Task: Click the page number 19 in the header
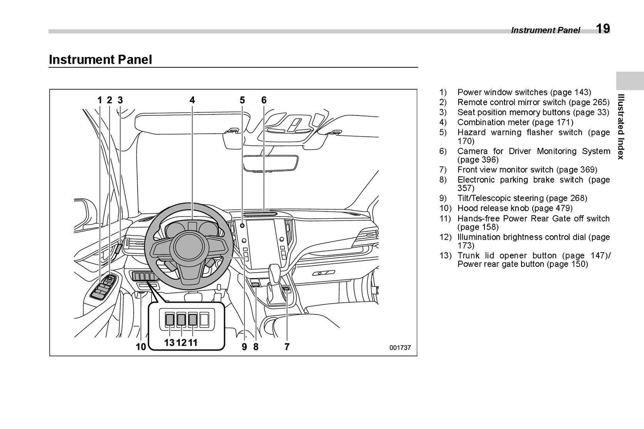(603, 29)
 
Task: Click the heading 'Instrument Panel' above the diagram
(100, 60)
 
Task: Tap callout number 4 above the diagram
(192, 100)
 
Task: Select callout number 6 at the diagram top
(264, 100)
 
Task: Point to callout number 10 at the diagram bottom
(141, 346)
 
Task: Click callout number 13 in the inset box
(169, 343)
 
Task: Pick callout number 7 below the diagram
(287, 346)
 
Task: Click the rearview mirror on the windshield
(266, 163)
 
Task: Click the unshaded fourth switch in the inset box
(204, 319)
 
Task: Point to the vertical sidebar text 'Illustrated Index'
(621, 127)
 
